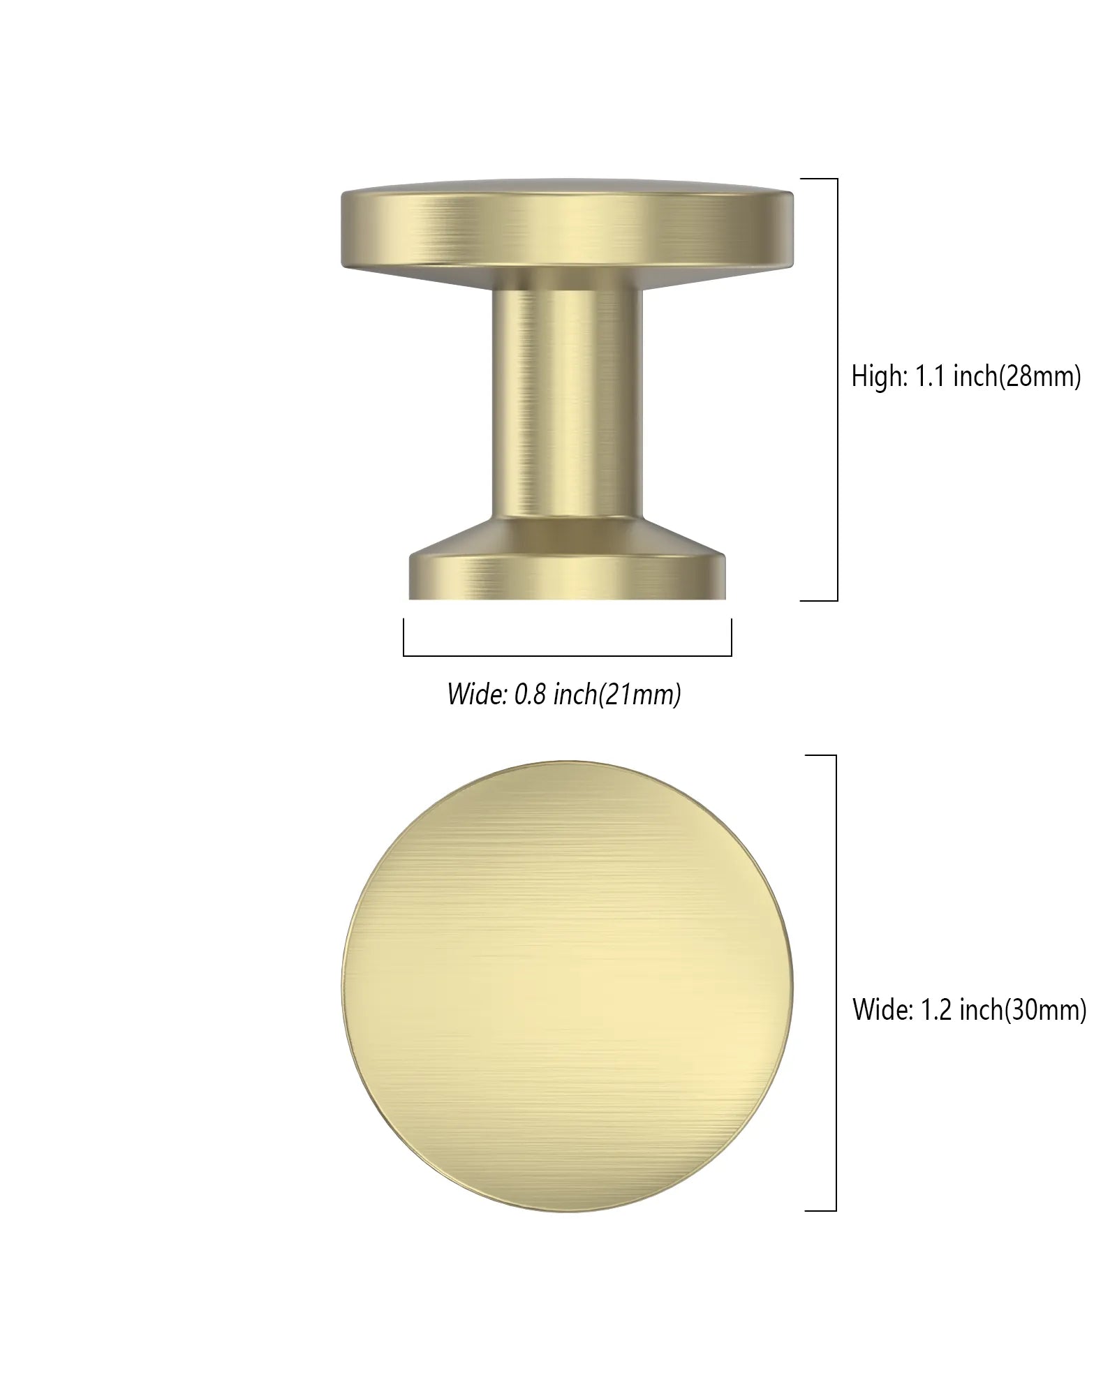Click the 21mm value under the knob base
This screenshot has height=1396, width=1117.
pyautogui.click(x=646, y=695)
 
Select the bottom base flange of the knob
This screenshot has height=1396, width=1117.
pyautogui.click(x=567, y=577)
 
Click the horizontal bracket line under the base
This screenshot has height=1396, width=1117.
pyautogui.click(x=567, y=655)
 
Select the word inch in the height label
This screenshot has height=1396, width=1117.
pyautogui.click(x=976, y=377)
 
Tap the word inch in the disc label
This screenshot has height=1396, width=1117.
pyautogui.click(x=981, y=1010)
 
